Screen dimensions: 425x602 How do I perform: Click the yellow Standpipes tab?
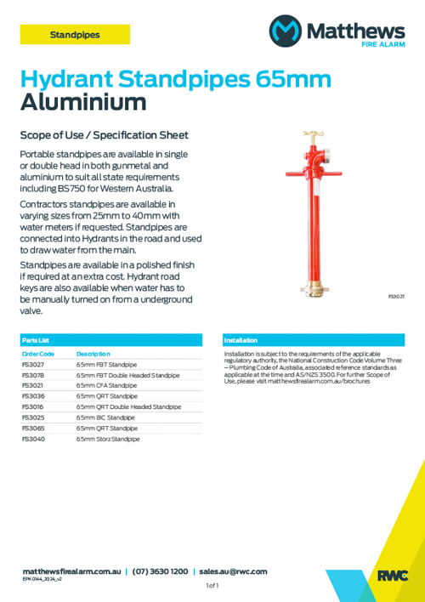(75, 35)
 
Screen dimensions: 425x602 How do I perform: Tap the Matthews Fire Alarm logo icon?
(286, 31)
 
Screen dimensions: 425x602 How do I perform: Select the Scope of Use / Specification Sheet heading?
(104, 135)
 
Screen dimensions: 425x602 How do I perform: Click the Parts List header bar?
(112, 339)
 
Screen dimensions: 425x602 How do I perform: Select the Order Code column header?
(38, 353)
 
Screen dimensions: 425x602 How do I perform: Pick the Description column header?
(93, 353)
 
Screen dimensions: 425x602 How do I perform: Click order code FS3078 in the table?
(33, 375)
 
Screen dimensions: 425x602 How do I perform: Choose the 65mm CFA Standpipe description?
(106, 385)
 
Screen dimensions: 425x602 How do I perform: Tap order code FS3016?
(33, 407)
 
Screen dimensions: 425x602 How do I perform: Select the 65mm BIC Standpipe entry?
(105, 418)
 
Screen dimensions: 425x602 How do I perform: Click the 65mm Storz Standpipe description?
(108, 440)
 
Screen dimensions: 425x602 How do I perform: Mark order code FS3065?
(33, 429)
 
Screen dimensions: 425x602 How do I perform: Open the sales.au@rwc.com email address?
(233, 572)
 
